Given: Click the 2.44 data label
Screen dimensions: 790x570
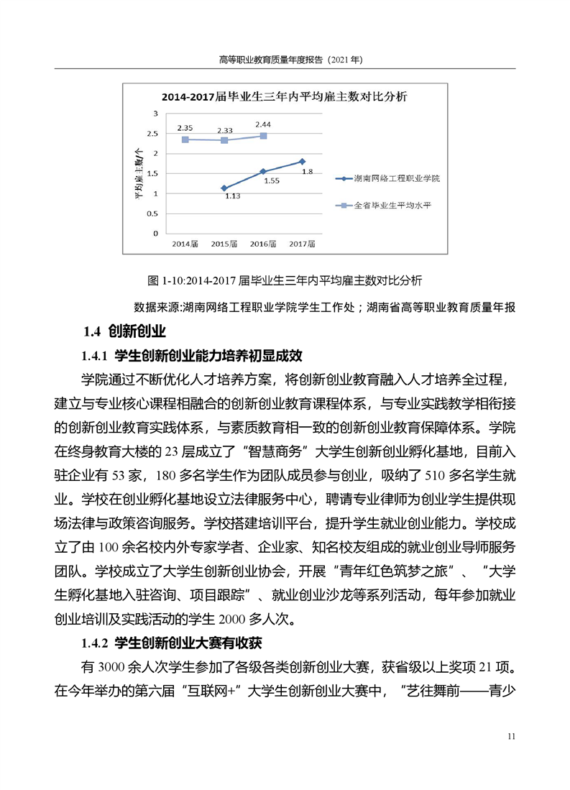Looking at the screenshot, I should [x=262, y=124].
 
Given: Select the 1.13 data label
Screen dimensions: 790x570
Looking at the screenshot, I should [x=232, y=196].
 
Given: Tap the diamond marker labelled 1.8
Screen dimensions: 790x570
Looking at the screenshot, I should [x=302, y=162].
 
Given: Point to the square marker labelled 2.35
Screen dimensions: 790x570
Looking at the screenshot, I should [x=185, y=139].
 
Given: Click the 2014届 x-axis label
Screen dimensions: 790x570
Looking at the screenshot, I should [x=185, y=244].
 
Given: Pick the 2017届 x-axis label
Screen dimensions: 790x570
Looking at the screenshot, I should [x=302, y=244].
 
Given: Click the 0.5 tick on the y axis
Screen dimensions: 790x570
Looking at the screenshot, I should [x=152, y=213].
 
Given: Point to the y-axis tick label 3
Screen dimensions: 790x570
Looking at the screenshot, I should [x=155, y=114].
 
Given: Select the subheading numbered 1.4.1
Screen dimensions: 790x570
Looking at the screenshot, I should [x=193, y=355].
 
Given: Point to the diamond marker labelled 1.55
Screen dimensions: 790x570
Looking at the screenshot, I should [x=263, y=171].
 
